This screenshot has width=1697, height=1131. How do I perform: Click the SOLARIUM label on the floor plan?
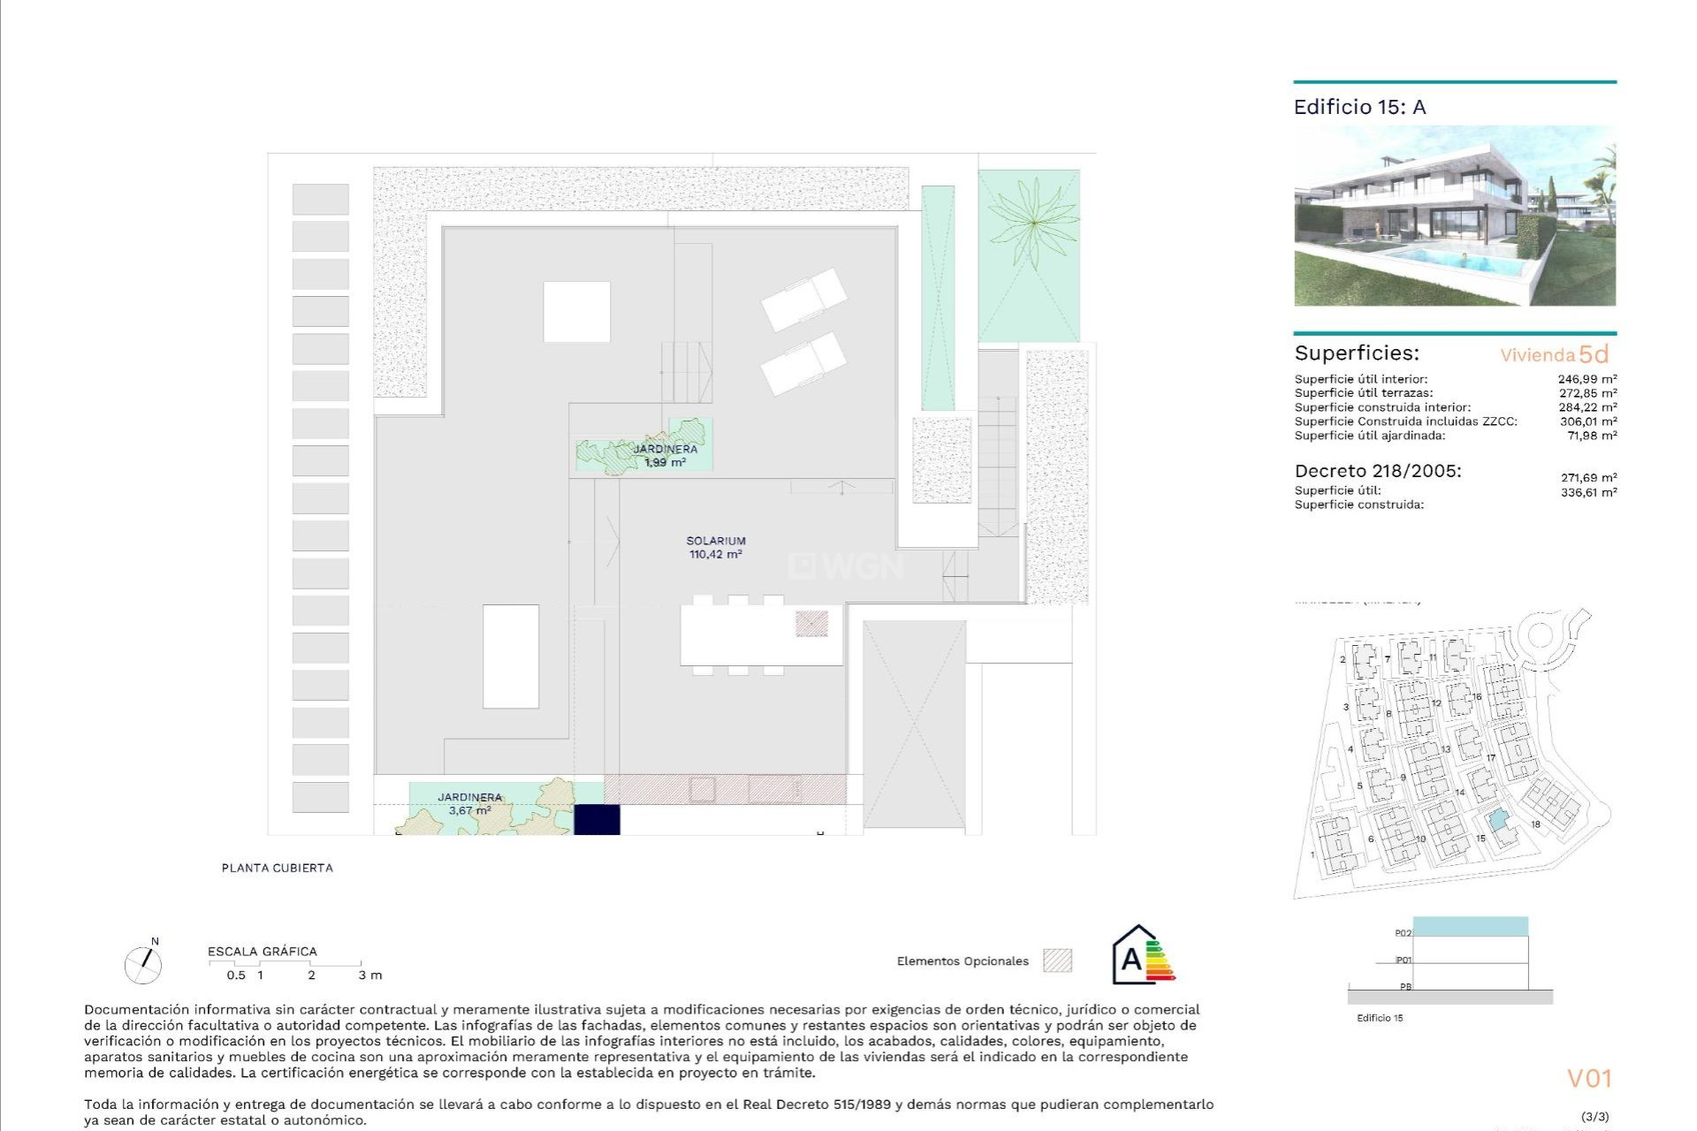click(x=716, y=541)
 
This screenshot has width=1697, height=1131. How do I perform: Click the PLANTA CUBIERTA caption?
click(x=278, y=868)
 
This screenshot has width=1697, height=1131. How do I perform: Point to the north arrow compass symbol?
click(x=143, y=963)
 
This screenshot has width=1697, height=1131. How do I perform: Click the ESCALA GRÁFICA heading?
click(x=263, y=952)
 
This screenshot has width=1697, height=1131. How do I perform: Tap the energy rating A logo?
click(x=1142, y=956)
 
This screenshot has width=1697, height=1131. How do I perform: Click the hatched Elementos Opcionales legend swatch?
click(x=1057, y=960)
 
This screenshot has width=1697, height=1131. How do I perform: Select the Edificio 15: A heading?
click(x=1359, y=107)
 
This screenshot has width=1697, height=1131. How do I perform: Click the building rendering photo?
click(x=1455, y=216)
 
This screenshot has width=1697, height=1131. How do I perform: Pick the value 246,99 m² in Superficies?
click(x=1587, y=379)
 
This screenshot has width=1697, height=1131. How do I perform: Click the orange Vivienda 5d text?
click(x=1554, y=354)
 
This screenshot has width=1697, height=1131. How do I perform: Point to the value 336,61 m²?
click(x=1588, y=492)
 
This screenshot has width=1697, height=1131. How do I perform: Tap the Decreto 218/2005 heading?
click(x=1378, y=471)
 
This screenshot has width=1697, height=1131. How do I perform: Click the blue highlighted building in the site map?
click(x=1497, y=821)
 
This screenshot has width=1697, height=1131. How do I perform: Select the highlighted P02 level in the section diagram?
click(x=1470, y=927)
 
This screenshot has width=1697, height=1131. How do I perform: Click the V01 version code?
click(x=1589, y=1078)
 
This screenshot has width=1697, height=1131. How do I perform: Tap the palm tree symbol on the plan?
click(x=1032, y=224)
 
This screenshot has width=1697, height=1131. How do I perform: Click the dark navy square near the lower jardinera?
click(x=597, y=819)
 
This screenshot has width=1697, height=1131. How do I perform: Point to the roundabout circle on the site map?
click(x=1540, y=634)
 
